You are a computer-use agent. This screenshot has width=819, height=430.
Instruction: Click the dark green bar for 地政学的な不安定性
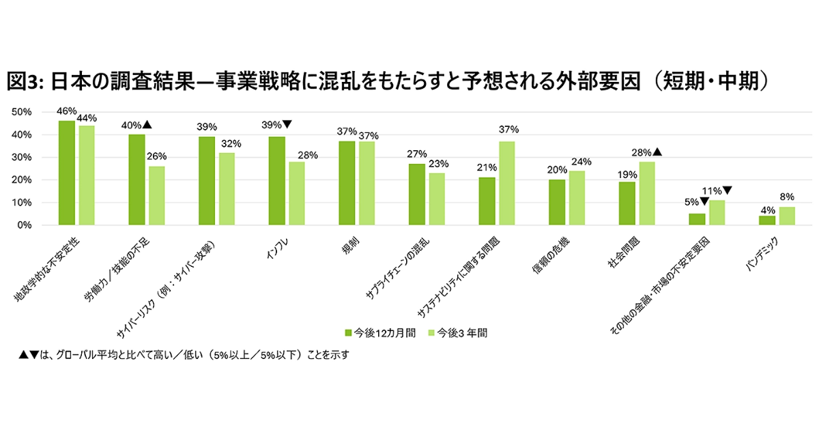coord(67,173)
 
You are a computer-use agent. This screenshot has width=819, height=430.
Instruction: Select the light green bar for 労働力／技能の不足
coord(157,196)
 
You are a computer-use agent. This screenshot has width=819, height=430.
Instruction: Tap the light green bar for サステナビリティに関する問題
coord(506,183)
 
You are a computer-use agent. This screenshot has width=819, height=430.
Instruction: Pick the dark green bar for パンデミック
coord(767,220)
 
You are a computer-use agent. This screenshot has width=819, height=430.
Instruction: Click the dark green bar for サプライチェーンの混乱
coord(416,195)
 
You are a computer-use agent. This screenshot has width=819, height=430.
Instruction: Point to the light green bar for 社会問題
coord(646,193)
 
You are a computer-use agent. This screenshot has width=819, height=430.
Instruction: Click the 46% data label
coord(67,111)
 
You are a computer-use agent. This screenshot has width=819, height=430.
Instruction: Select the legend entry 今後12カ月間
coord(379,333)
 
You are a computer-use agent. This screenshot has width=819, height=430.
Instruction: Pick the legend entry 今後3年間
coord(457,333)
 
